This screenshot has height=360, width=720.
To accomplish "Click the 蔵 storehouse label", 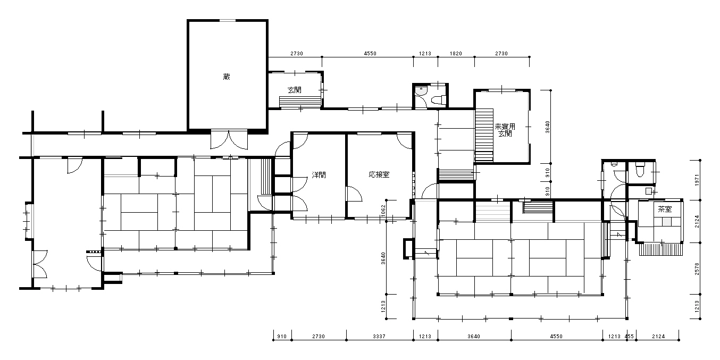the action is pyautogui.click(x=227, y=77).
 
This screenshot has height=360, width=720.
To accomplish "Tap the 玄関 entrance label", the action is pyautogui.click(x=295, y=90).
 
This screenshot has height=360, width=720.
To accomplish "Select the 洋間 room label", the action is pyautogui.click(x=319, y=175).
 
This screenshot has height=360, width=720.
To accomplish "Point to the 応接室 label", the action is pyautogui.click(x=379, y=174).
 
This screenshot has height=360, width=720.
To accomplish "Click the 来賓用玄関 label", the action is pyautogui.click(x=505, y=130).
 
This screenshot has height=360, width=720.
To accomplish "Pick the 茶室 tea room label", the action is pyautogui.click(x=665, y=210).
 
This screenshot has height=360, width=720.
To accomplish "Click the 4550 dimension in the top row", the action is pyautogui.click(x=370, y=53).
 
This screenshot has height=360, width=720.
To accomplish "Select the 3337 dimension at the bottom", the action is pyautogui.click(x=379, y=336).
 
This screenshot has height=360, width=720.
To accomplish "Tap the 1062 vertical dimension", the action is pyautogui.click(x=383, y=211).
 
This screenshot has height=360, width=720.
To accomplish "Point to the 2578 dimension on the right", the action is pyautogui.click(x=697, y=269).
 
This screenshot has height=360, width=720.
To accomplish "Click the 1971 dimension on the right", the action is pyautogui.click(x=697, y=180).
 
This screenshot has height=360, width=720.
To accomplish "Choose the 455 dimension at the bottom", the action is pyautogui.click(x=629, y=336).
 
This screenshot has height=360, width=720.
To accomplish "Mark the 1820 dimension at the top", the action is pyautogui.click(x=456, y=53).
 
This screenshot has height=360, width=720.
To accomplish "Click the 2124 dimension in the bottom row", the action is pyautogui.click(x=658, y=336).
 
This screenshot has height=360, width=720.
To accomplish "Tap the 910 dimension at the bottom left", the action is pyautogui.click(x=282, y=336).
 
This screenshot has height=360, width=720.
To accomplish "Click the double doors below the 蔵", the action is pyautogui.click(x=229, y=139).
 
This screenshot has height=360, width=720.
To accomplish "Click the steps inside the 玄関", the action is pyautogui.click(x=300, y=102).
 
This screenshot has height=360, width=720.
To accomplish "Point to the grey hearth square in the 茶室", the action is pyautogui.click(x=666, y=221).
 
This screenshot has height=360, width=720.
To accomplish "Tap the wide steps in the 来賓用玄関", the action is pyautogui.click(x=484, y=135).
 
